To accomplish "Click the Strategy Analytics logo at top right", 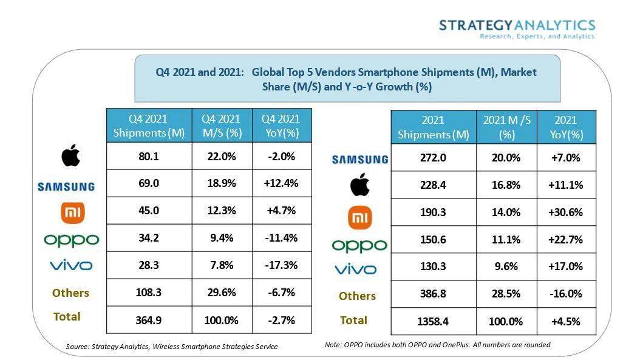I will tap(517, 29).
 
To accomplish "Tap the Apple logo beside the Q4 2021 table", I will tap(70, 156).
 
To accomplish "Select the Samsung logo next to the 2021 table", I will tap(359, 159).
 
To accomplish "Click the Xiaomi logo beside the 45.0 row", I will tap(71, 212).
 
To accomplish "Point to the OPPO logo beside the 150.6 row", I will tap(359, 245).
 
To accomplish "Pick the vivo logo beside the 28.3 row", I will tap(71, 265).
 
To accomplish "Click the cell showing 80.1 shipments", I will tap(149, 156).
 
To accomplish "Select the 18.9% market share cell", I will tap(222, 183).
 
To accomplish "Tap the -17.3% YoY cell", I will tap(281, 265).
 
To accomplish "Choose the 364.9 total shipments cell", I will tap(149, 320).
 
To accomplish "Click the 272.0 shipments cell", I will tap(433, 157).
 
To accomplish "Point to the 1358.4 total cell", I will tap(433, 321).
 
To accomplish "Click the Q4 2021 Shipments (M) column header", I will tap(149, 126).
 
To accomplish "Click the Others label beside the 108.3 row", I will tap(70, 293).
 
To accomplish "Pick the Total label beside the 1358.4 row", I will tap(353, 320).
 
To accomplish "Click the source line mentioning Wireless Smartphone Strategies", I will tap(171, 347).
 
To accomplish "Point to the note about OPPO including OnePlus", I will tap(437, 345).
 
